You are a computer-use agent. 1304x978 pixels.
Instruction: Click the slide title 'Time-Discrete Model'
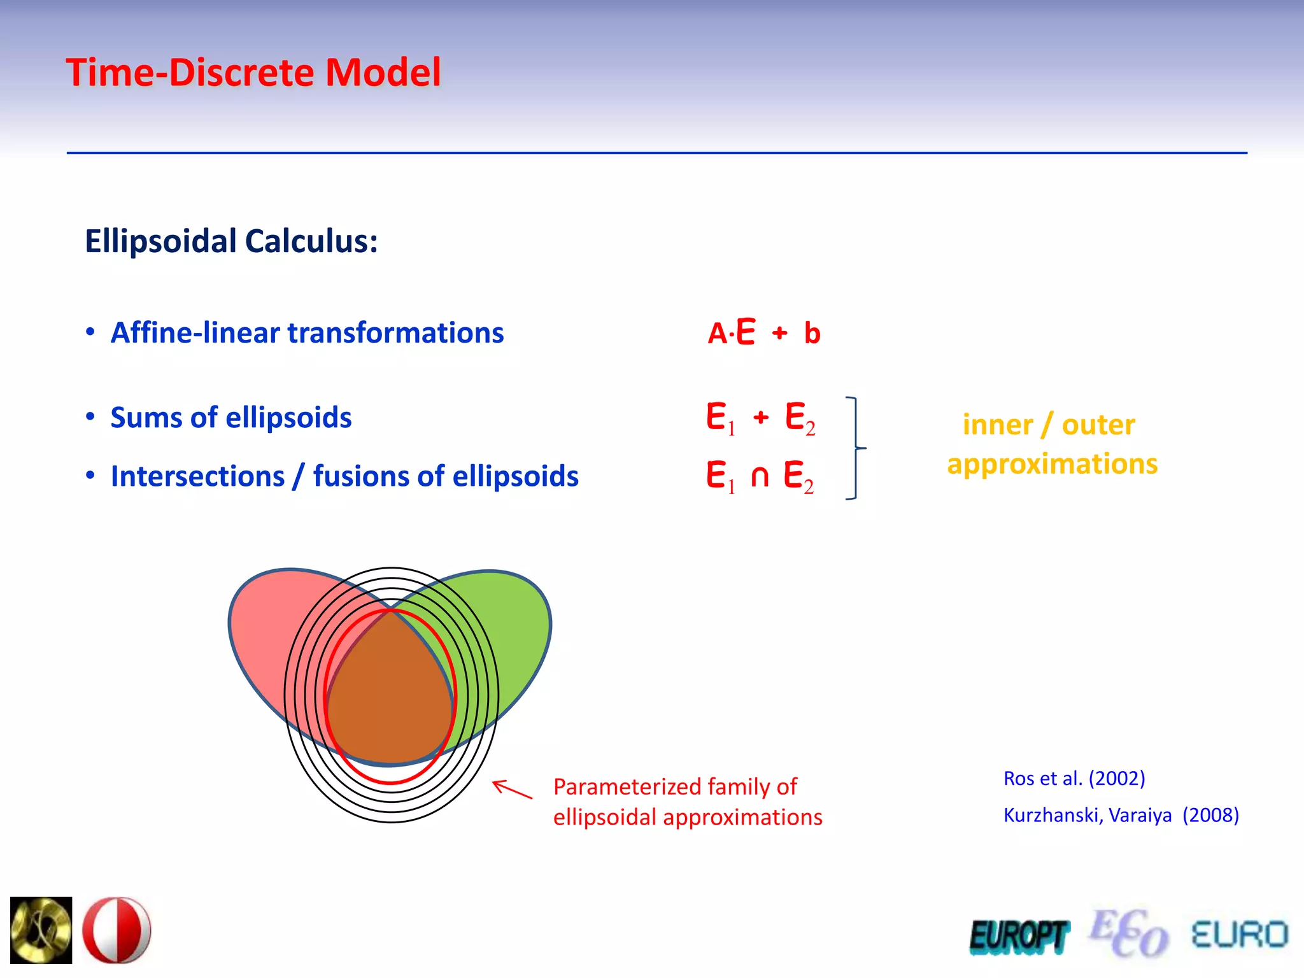(x=253, y=72)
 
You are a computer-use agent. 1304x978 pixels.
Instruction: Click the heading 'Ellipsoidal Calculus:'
(x=231, y=241)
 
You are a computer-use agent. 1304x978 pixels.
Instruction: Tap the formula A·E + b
(x=763, y=332)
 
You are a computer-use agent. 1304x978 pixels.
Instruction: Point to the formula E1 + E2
(x=760, y=418)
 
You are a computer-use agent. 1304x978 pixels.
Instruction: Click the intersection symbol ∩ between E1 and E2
(x=759, y=476)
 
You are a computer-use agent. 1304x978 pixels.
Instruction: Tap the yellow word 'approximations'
(x=1052, y=464)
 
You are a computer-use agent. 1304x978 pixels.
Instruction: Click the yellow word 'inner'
(x=997, y=425)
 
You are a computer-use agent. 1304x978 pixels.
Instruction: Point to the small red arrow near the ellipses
(x=512, y=790)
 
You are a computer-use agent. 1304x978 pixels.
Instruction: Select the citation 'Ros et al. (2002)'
(x=1074, y=778)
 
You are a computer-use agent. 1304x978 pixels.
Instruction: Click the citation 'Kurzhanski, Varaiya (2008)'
(x=1121, y=815)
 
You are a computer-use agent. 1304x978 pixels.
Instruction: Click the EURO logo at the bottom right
(x=1239, y=935)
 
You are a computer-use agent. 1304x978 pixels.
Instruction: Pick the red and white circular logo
(x=117, y=930)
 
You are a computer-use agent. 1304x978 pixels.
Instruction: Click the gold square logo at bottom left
(x=41, y=930)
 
